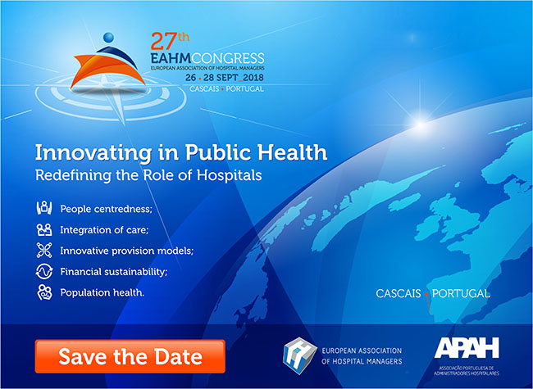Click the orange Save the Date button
130,356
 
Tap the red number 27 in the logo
164,41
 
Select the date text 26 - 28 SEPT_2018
225,78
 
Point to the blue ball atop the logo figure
108,38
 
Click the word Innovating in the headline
93,153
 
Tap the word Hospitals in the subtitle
230,175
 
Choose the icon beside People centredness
44,208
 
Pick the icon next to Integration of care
44,229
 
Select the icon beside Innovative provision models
44,251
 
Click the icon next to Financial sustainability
44,272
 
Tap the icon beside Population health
44,292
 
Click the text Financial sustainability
114,272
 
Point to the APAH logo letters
467,347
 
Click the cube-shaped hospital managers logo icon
299,355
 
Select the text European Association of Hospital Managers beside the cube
362,356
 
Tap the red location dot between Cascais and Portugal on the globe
426,294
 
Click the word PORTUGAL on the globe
461,294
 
